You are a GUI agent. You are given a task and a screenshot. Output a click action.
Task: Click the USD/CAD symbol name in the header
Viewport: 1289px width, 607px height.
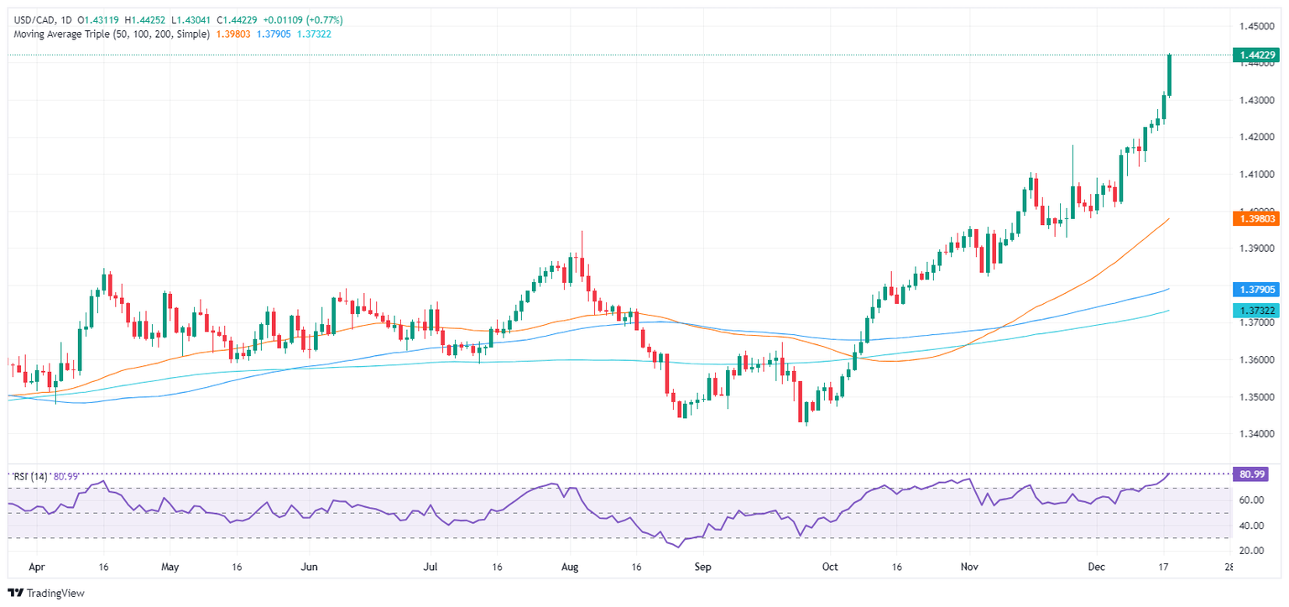33,19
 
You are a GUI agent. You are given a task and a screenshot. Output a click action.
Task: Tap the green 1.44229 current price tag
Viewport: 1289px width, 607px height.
1255,55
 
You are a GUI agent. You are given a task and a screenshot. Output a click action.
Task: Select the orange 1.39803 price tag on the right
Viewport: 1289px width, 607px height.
1255,218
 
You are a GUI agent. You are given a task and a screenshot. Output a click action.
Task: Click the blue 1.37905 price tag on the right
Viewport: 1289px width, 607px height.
1255,290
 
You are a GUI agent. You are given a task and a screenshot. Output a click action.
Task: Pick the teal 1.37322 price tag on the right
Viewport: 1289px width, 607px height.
1255,311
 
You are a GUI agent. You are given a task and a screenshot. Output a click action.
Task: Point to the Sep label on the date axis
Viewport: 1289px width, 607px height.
702,567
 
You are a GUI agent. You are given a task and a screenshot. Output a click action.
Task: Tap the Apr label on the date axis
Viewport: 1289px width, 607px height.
36,567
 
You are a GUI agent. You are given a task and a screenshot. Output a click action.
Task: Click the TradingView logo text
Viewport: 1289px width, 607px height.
55,593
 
